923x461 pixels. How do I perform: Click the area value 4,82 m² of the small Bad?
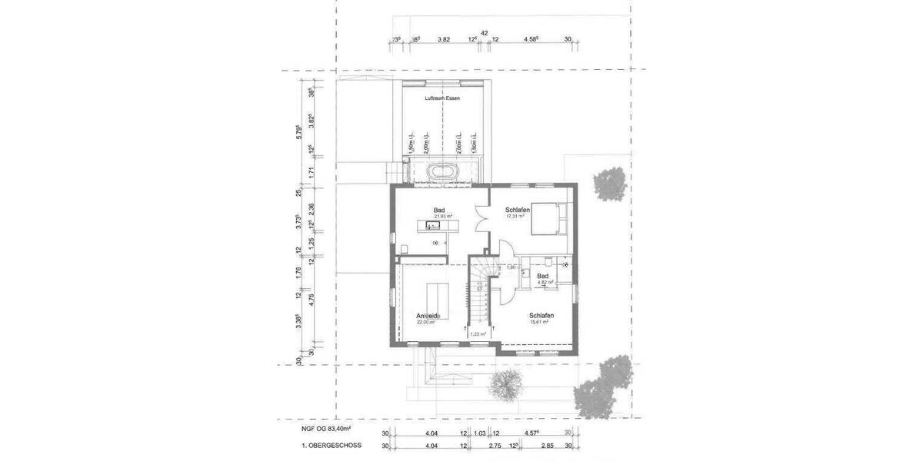click(x=545, y=282)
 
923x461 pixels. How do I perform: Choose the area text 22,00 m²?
click(x=425, y=323)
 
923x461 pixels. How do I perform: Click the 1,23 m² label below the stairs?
click(x=479, y=333)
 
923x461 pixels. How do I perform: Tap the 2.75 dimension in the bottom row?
click(x=495, y=446)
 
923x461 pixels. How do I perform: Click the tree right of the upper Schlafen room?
click(x=610, y=184)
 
